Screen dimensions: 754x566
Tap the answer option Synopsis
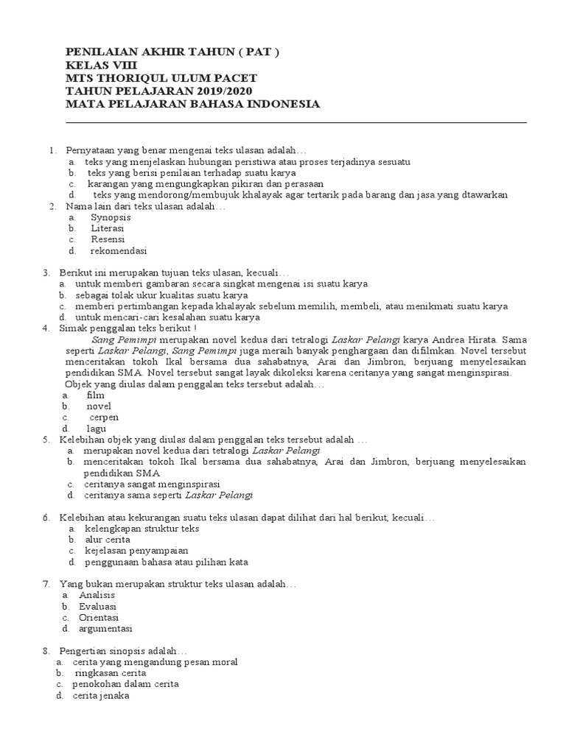click(111, 218)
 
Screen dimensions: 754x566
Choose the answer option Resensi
click(108, 239)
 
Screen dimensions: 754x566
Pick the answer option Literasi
click(108, 229)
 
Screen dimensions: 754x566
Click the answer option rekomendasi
click(119, 250)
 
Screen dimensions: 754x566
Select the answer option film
click(96, 395)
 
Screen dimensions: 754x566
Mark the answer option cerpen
click(104, 417)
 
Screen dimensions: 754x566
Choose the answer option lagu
click(97, 428)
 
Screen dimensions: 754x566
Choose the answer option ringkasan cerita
click(110, 673)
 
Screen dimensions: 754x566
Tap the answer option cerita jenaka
click(101, 695)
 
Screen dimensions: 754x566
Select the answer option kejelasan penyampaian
click(136, 551)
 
